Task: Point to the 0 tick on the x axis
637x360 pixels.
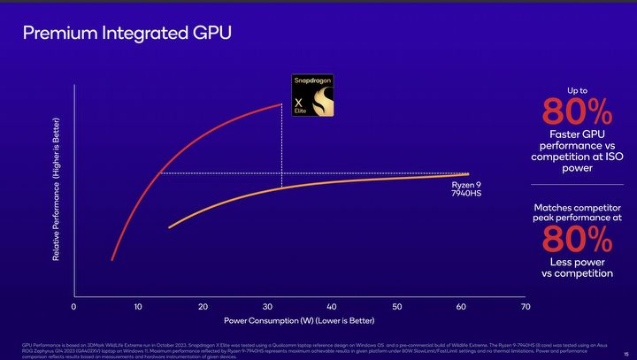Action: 73,306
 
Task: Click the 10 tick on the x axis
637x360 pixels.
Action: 138,306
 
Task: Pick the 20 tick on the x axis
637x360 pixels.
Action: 203,306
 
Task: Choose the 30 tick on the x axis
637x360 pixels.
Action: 267,306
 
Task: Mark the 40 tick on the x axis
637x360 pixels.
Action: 332,306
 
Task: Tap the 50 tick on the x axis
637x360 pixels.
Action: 396,306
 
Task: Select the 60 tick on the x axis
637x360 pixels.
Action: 461,306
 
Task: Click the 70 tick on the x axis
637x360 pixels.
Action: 526,306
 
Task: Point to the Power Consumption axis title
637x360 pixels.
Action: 299,319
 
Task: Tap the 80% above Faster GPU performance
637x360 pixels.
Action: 576,112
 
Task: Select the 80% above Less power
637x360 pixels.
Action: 576,240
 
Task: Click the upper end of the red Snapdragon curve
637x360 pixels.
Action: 281,104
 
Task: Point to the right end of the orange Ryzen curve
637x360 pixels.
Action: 467,174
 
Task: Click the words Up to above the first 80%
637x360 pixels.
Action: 576,90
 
